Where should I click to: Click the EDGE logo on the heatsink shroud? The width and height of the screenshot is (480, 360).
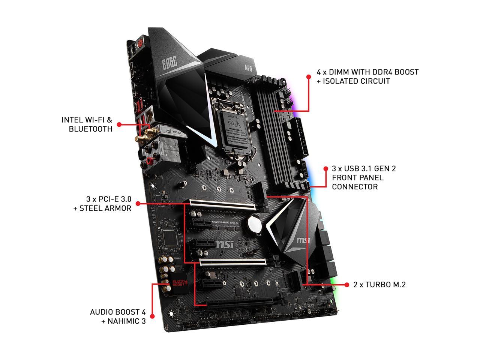point(169,63)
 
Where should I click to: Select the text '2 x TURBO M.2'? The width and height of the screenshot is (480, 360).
point(379,285)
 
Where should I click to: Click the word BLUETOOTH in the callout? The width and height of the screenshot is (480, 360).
point(90,129)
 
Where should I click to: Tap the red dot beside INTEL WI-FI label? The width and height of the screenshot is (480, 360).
point(119,124)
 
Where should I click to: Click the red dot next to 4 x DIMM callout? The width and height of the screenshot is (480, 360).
point(309,76)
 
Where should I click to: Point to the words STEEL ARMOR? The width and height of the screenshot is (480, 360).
point(105,208)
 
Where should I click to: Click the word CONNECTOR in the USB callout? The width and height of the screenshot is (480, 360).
point(355,187)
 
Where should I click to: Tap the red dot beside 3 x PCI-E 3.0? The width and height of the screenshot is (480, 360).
point(138,204)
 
